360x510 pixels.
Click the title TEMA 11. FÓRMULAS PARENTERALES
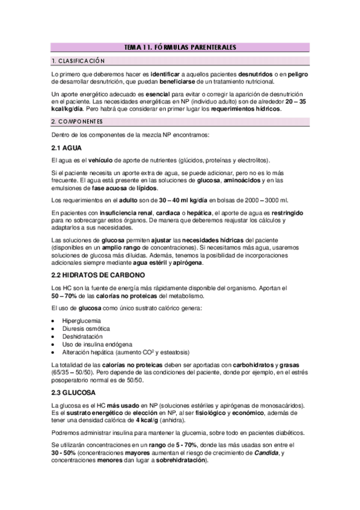click(180, 47)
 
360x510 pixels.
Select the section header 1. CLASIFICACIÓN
click(78, 61)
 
